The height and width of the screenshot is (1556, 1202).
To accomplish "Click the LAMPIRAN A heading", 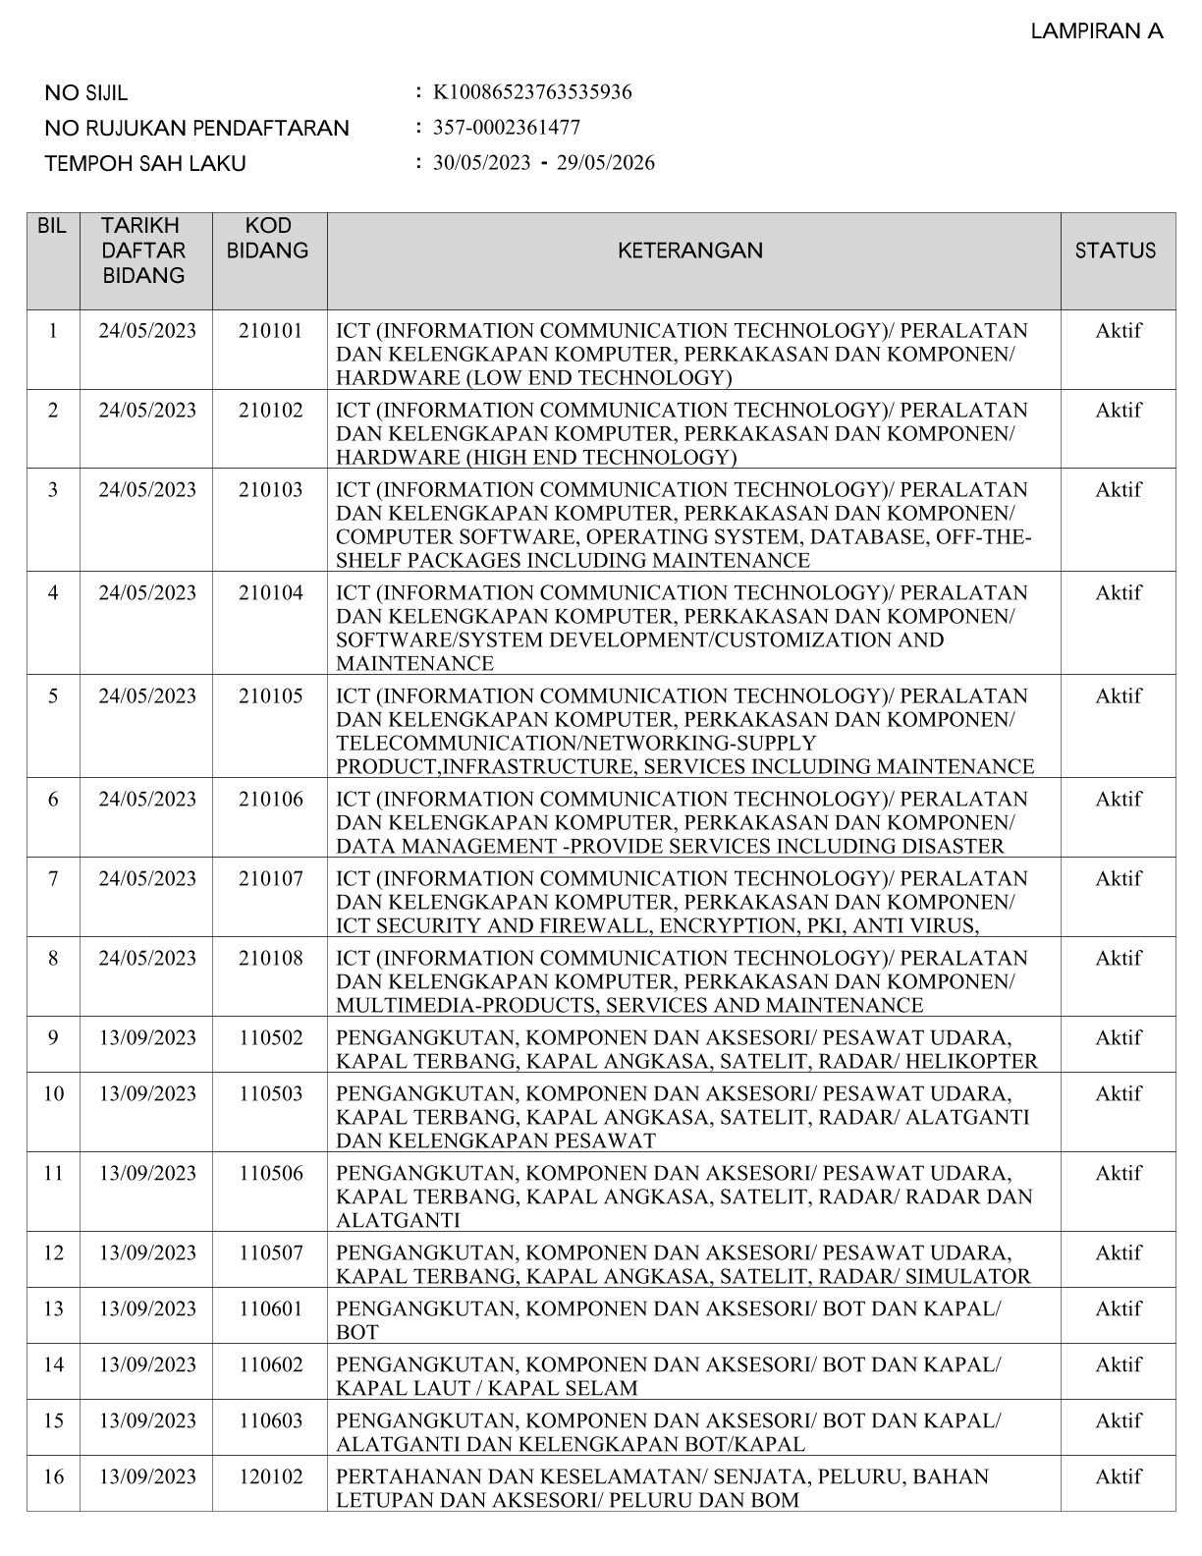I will [1096, 31].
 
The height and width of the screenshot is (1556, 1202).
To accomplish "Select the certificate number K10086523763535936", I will [532, 92].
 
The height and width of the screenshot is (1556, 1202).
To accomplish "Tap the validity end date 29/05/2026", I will [605, 163].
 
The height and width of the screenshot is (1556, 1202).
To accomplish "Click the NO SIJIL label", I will [86, 93].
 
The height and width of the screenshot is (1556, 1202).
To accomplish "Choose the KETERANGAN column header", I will [689, 250].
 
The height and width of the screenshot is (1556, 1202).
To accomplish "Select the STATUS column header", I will [1116, 250].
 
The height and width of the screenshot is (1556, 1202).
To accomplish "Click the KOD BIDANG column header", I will [267, 239].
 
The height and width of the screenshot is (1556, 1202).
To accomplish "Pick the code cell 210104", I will [270, 593].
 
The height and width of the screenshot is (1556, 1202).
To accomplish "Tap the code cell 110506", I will [270, 1174].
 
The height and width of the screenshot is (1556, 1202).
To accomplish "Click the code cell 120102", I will [270, 1477].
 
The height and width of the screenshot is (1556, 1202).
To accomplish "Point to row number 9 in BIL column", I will [53, 1038].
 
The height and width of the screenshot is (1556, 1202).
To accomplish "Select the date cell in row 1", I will [147, 331].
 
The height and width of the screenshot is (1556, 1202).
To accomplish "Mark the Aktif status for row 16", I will [1118, 1477].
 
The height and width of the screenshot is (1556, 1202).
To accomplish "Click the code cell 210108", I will [270, 959].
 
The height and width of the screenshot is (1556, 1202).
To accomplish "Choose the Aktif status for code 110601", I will [1118, 1309].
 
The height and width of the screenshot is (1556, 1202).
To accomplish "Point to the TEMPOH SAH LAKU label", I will [145, 164].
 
